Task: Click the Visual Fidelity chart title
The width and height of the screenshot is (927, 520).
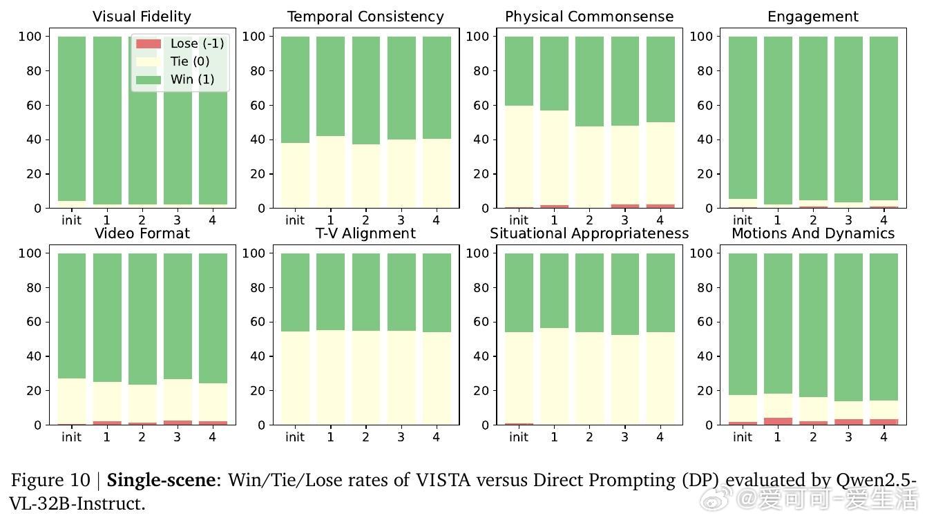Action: (142, 17)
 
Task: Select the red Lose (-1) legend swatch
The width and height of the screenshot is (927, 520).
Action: (149, 44)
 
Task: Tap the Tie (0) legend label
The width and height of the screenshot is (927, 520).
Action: (190, 61)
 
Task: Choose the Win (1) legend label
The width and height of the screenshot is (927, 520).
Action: (193, 79)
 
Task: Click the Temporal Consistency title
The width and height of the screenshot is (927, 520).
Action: (365, 17)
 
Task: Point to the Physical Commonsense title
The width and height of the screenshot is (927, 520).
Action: (589, 17)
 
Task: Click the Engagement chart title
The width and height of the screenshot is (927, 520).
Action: (813, 17)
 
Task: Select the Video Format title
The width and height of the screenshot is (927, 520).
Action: (142, 233)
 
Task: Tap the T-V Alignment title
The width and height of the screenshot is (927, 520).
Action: (365, 233)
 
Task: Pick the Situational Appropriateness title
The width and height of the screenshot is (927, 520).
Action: (589, 233)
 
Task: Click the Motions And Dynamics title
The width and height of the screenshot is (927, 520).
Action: (813, 233)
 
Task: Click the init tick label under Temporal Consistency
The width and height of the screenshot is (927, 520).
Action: (295, 220)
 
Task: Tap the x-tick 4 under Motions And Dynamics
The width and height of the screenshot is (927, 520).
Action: (883, 437)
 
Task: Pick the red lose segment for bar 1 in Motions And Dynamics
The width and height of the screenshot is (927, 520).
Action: (778, 421)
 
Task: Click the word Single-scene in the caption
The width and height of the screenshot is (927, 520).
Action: (160, 480)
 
